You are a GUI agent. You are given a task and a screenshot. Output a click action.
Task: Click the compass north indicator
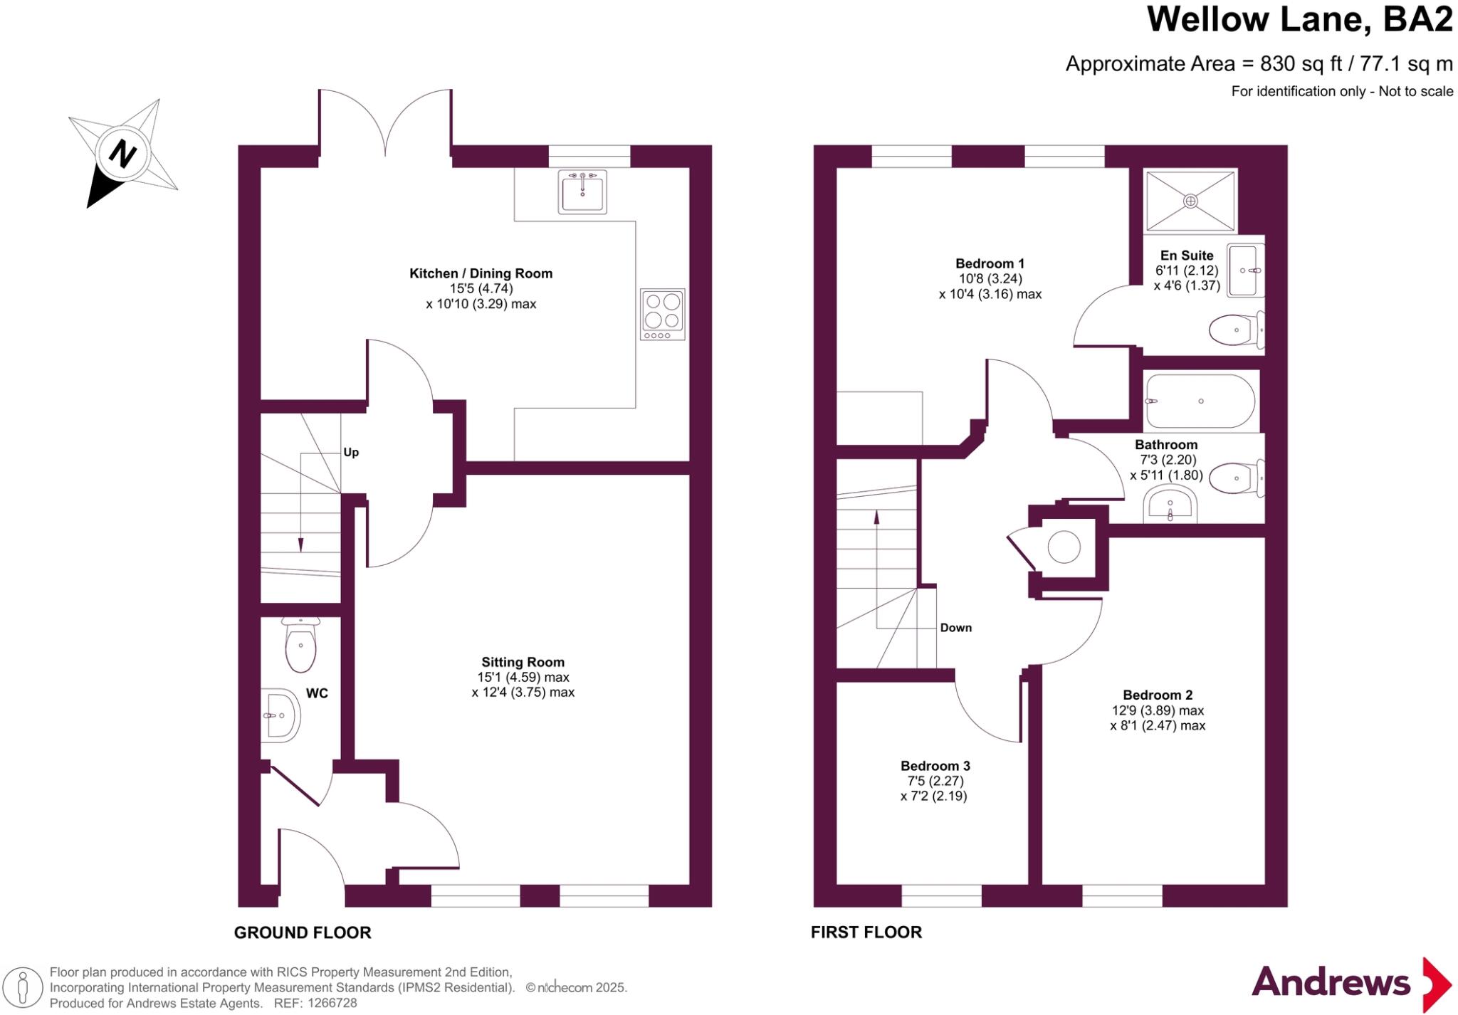tap(122, 153)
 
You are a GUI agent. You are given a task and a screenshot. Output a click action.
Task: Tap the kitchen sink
tap(583, 191)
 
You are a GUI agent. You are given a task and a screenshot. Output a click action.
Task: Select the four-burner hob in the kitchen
tap(662, 314)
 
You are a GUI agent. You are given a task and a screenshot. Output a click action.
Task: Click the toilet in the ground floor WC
tap(300, 645)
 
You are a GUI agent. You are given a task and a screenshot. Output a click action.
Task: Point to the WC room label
tap(317, 693)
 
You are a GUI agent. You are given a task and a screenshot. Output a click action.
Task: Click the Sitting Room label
tap(523, 662)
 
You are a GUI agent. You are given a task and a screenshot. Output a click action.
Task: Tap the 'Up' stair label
tap(351, 453)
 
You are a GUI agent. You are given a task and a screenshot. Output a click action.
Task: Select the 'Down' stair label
tap(955, 628)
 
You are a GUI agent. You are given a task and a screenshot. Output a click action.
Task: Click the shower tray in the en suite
tap(1190, 201)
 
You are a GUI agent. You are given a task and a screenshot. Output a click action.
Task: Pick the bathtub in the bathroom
tap(1200, 401)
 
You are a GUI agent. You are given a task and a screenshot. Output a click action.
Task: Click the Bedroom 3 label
tap(935, 766)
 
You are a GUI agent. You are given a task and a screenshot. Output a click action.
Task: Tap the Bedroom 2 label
tap(1158, 695)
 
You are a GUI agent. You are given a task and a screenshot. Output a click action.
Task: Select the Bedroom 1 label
tap(990, 263)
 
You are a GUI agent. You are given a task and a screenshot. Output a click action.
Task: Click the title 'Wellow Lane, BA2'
tap(1299, 20)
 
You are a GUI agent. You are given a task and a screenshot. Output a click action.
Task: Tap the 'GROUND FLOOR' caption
tap(303, 932)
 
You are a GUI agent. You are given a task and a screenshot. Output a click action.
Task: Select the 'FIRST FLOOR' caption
tap(866, 932)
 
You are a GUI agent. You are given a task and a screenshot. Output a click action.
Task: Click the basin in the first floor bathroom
tap(1170, 507)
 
